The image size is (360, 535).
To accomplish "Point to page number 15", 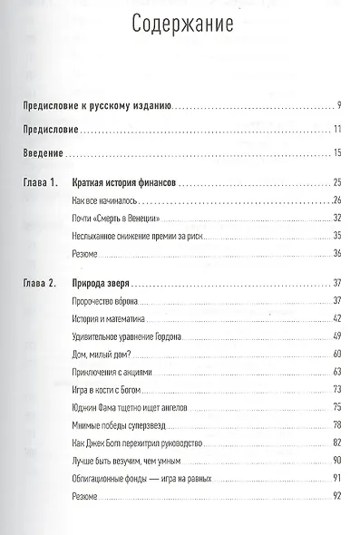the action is tap(336, 153).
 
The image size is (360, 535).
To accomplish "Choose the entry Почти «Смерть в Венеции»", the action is tap(113, 218).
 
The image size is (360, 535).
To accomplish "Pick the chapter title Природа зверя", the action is tap(101, 284).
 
